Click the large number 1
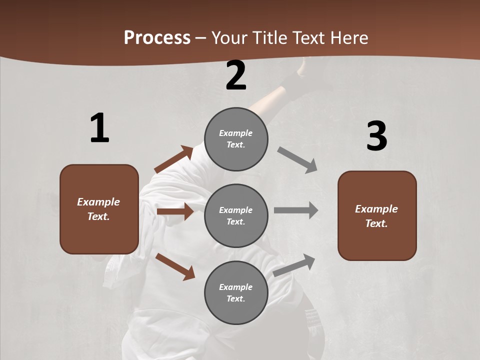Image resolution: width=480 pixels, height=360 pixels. pos(99,128)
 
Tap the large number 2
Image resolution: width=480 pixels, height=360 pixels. pos(236,75)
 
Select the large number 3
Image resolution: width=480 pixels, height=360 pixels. pos(377,136)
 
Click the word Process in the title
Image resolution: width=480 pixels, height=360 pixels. pos(157,37)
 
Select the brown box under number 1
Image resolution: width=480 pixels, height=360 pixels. pos(99,209)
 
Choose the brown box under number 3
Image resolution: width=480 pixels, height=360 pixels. pos(377,216)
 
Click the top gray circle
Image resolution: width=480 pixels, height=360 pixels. pos(236,139)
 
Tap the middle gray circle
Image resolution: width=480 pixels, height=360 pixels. pos(236,215)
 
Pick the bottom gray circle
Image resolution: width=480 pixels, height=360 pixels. pos(236,292)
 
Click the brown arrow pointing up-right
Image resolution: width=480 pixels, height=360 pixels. pos(174,159)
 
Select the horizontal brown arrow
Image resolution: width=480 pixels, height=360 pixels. pos(175,211)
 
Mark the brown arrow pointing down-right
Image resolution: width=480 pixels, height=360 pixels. pos(175,266)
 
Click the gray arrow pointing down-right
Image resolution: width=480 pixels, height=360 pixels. pos(297,159)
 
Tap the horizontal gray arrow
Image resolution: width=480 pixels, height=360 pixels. pos(296,210)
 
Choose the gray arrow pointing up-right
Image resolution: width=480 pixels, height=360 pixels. pos(294,265)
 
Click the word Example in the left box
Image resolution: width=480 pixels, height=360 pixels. pos(98,202)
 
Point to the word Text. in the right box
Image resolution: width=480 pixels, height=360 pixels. pos(376,223)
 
